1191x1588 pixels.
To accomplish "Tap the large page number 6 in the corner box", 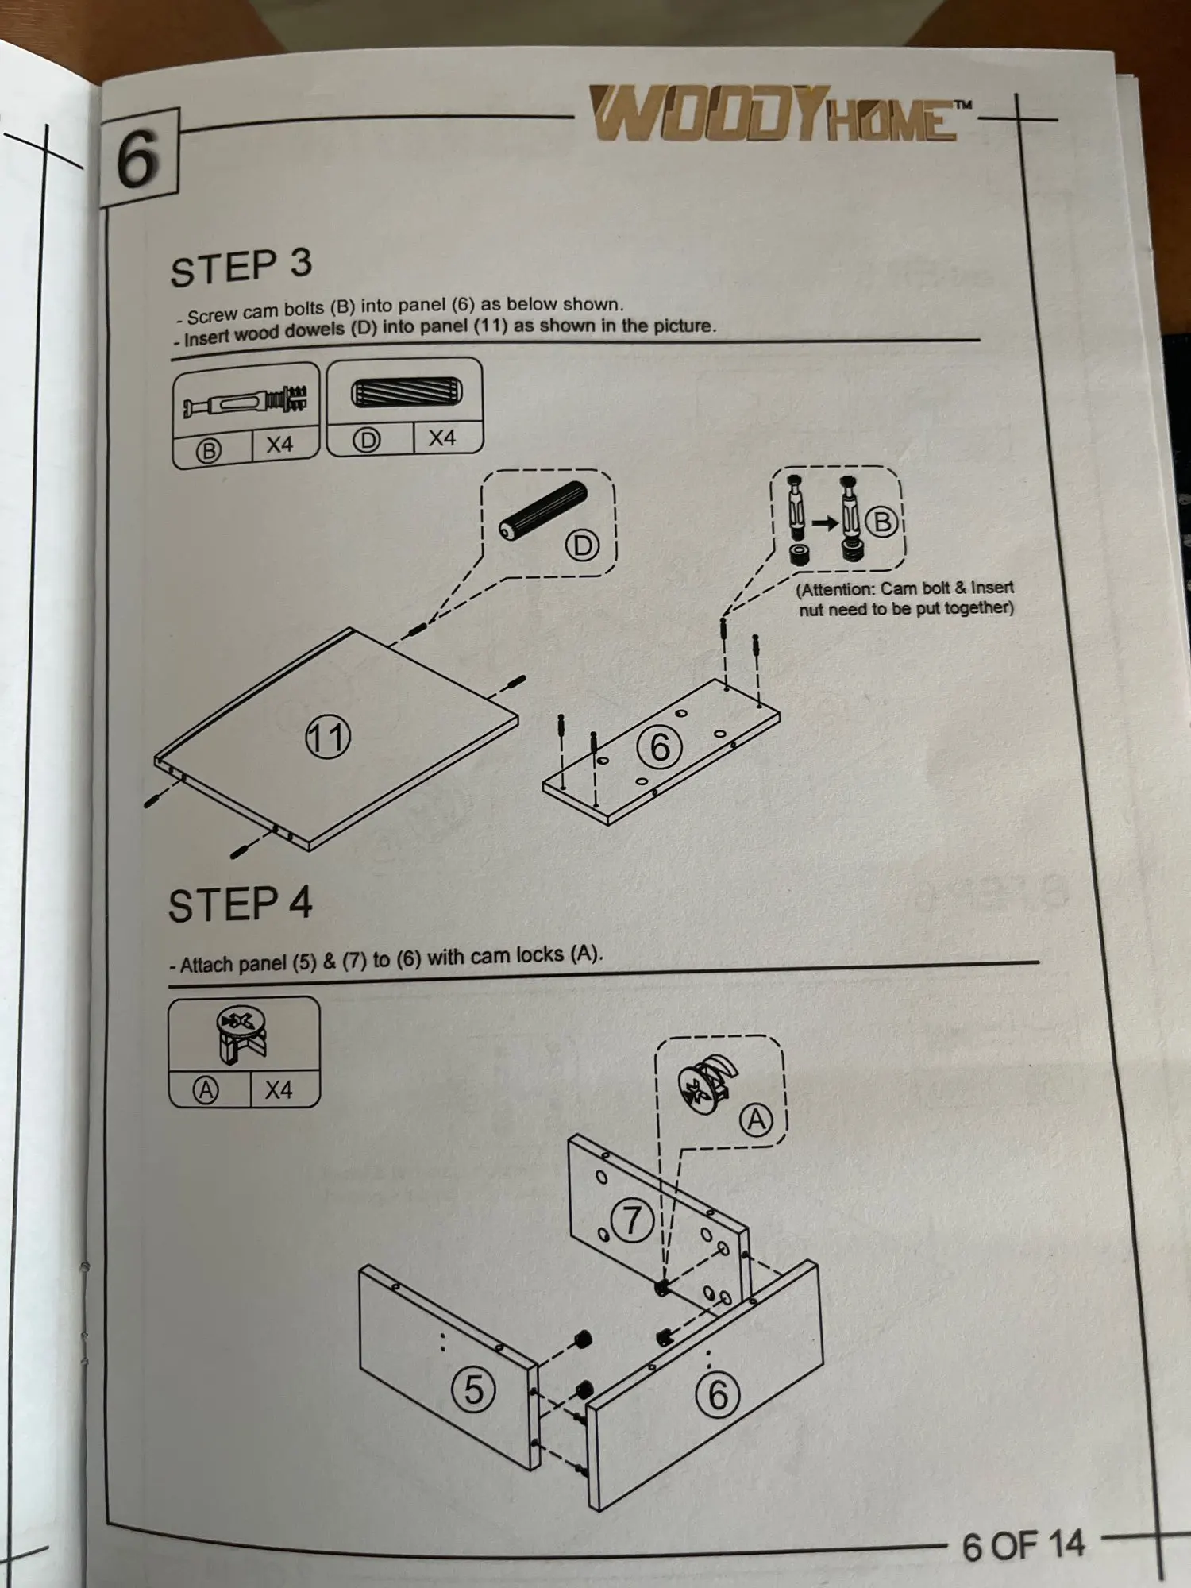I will tap(137, 159).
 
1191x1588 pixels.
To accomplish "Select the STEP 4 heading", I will tap(240, 904).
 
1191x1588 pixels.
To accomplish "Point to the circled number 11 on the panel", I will tap(327, 737).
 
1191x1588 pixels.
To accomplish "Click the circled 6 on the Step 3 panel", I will tap(660, 746).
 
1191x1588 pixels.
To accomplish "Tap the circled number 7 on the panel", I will tap(631, 1220).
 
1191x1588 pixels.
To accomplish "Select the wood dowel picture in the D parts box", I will tap(406, 393).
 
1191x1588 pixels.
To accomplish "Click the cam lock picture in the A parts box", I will tap(243, 1035).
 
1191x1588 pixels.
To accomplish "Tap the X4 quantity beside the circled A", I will tap(279, 1089).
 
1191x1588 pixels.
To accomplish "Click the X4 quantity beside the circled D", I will tap(442, 437).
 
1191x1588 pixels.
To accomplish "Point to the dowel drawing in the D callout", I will tap(544, 510).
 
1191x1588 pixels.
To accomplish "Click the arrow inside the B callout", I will tap(825, 522).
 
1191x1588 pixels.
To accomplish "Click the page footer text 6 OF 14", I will tap(1023, 1545).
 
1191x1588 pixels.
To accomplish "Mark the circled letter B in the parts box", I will tap(208, 451).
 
